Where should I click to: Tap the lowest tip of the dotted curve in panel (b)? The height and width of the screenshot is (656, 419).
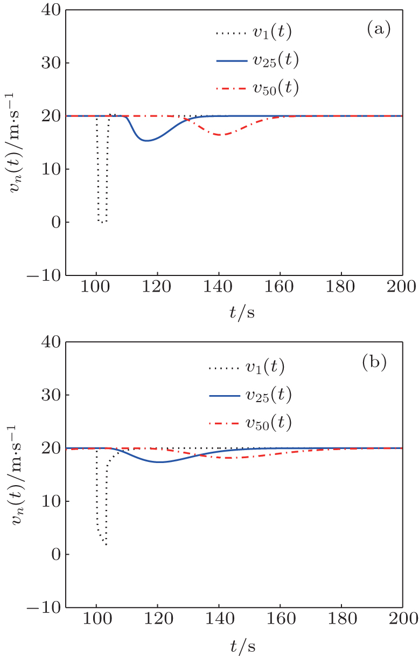pyautogui.click(x=106, y=545)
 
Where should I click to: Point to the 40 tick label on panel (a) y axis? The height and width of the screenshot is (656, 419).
pyautogui.click(x=49, y=10)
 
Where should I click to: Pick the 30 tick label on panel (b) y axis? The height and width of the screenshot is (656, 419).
pyautogui.click(x=49, y=395)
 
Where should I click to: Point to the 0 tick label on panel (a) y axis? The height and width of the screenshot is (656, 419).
pyautogui.click(x=53, y=223)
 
